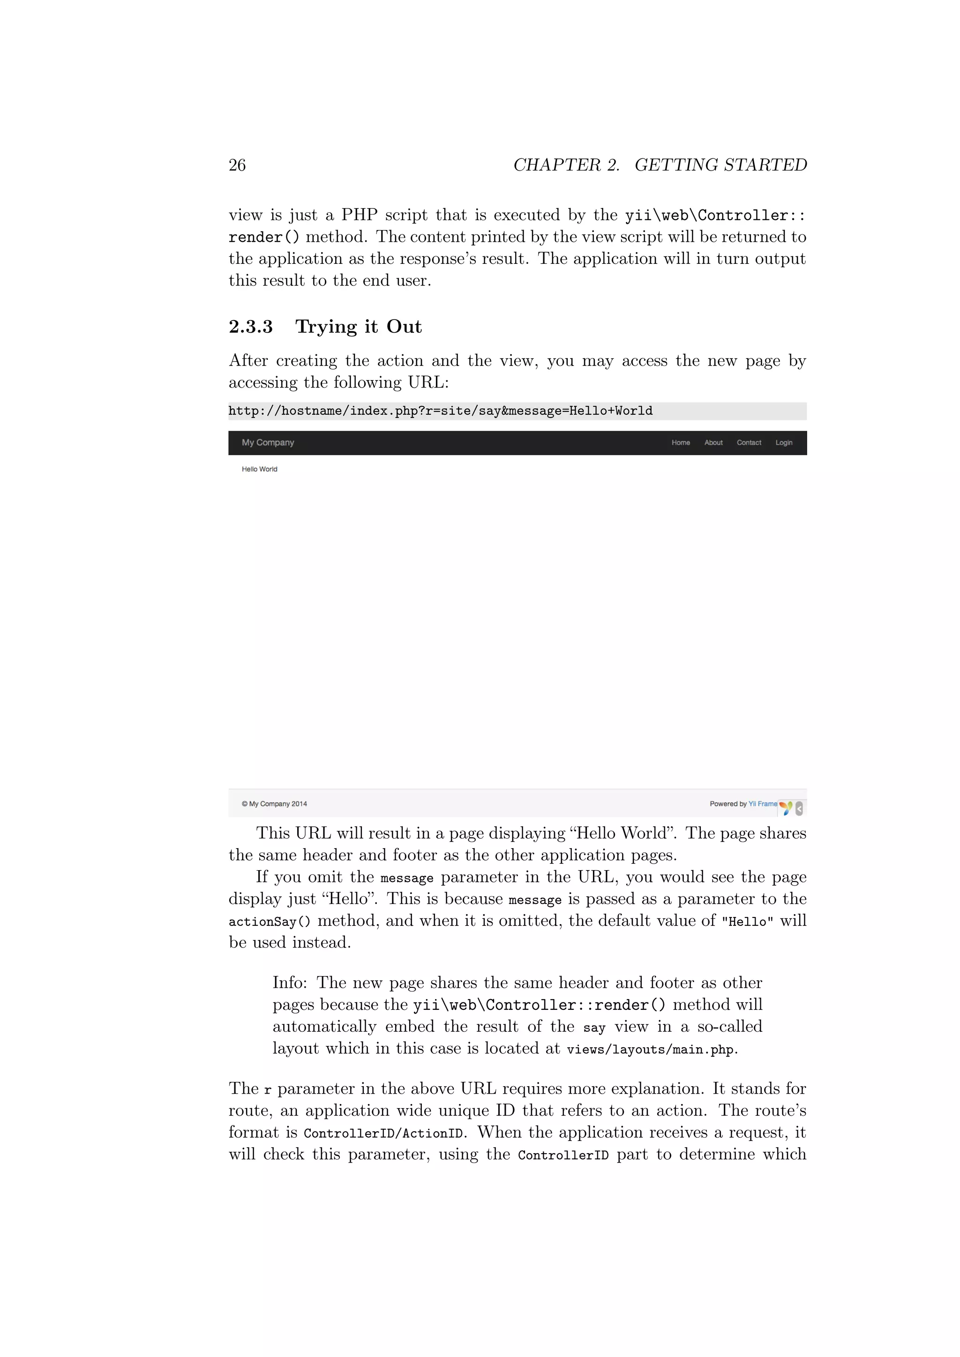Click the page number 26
[x=237, y=165]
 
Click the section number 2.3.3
[x=251, y=327]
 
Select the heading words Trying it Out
[x=358, y=327]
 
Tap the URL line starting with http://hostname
[x=441, y=411]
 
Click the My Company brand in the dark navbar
[x=268, y=443]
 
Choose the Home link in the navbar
[x=681, y=443]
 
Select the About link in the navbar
[x=713, y=443]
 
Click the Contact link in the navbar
[x=749, y=443]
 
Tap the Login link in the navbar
[x=784, y=443]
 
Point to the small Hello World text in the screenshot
[x=260, y=469]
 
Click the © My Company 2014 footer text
[x=274, y=804]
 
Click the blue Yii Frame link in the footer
[x=763, y=804]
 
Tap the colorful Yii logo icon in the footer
[x=786, y=807]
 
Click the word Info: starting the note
[x=290, y=983]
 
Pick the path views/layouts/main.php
[x=650, y=1050]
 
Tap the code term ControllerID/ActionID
[x=383, y=1133]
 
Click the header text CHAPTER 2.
[x=566, y=165]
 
